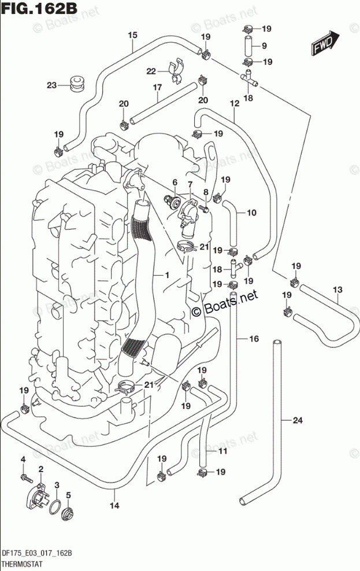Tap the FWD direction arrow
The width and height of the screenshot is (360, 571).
pyautogui.click(x=322, y=43)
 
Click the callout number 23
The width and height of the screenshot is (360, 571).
pyautogui.click(x=51, y=86)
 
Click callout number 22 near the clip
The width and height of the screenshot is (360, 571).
pyautogui.click(x=151, y=71)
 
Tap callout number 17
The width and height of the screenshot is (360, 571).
pyautogui.click(x=156, y=87)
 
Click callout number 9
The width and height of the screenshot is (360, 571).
pyautogui.click(x=264, y=46)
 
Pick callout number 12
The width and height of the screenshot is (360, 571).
pyautogui.click(x=234, y=103)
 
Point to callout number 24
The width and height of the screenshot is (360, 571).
pyautogui.click(x=297, y=420)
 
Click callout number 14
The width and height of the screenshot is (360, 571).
pyautogui.click(x=114, y=506)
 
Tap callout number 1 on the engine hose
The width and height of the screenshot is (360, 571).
pyautogui.click(x=166, y=276)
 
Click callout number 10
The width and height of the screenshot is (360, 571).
pyautogui.click(x=251, y=213)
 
